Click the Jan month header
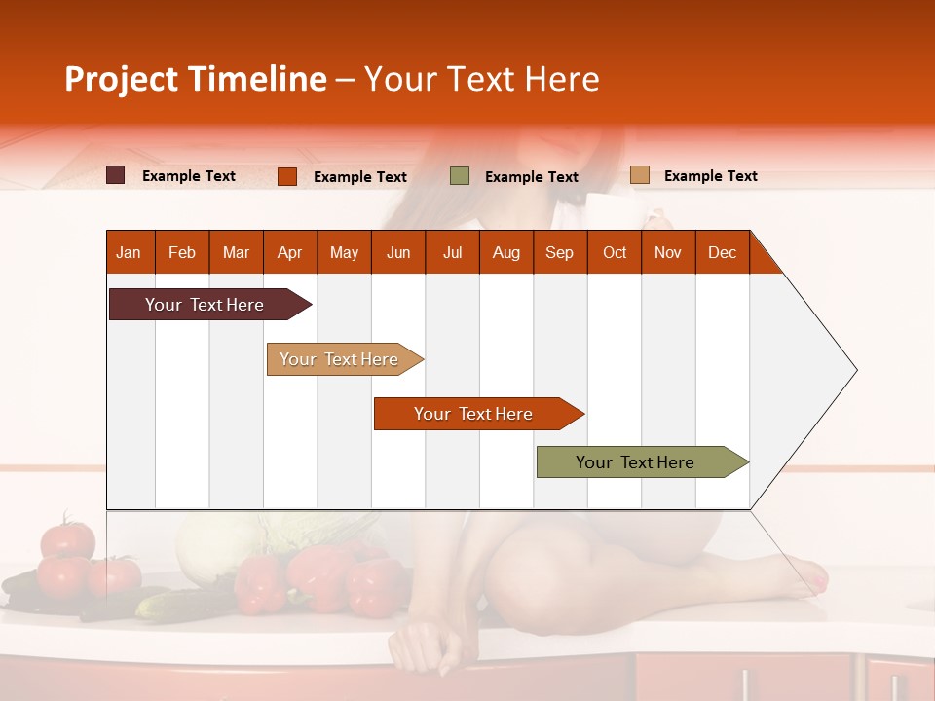coord(129,253)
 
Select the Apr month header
coord(289,253)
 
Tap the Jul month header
coord(452,253)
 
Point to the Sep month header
coord(559,253)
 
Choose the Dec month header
coord(722,253)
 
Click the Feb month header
coord(182,253)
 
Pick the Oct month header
coord(615,253)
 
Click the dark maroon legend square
coord(116,175)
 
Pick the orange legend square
coord(287,176)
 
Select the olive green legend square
coord(460,176)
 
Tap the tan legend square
coord(639,175)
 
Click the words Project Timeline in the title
coord(196,79)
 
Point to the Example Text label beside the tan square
coord(710,176)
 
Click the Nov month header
coord(668,253)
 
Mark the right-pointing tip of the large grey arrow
coord(855,370)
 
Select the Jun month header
coord(398,253)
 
